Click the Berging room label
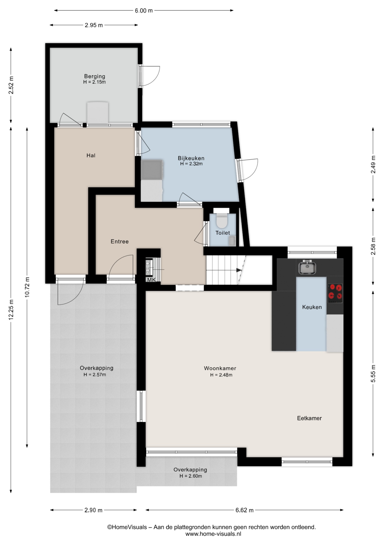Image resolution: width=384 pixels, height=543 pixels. (x=94, y=76)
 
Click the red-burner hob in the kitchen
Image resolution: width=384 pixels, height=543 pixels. (x=335, y=293)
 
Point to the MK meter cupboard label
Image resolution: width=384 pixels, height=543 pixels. (x=152, y=280)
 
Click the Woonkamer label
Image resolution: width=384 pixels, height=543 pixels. (x=220, y=368)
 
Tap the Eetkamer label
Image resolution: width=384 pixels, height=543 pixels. (x=309, y=418)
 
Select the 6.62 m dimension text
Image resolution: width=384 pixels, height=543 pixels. (x=245, y=510)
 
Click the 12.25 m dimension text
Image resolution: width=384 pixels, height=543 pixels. (x=11, y=310)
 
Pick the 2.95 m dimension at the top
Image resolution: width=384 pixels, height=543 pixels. (x=94, y=25)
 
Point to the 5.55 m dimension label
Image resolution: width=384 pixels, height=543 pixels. (x=373, y=373)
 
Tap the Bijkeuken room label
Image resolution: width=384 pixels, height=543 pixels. (x=191, y=158)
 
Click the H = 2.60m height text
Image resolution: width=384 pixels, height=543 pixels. (x=191, y=476)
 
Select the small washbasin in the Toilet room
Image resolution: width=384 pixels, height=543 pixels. (x=232, y=241)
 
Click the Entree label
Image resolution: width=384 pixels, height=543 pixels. (x=120, y=241)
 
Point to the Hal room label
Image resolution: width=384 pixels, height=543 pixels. (x=91, y=155)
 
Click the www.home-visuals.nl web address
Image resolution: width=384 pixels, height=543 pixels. (x=213, y=534)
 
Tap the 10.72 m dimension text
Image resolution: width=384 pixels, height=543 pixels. (x=27, y=286)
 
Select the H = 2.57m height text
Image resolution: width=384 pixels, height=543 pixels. (x=95, y=375)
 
